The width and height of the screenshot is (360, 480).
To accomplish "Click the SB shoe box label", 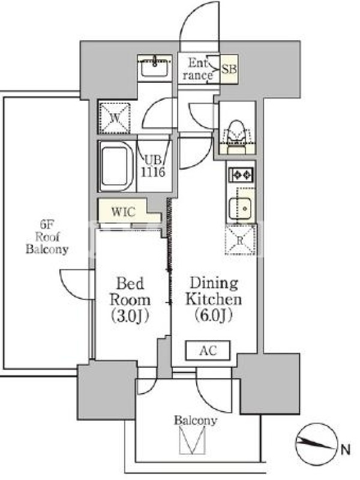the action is [x=229, y=69].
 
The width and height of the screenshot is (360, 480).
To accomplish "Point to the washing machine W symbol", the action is [x=115, y=118].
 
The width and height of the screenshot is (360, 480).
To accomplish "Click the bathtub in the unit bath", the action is [x=116, y=166].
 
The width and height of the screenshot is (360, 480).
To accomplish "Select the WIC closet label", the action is [x=124, y=212].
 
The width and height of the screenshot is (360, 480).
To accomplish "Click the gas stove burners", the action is [x=241, y=175].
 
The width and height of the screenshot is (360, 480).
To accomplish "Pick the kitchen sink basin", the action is [x=241, y=208].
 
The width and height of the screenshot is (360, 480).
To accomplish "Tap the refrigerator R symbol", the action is [x=240, y=240].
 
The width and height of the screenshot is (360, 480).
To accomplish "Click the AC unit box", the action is [x=208, y=350].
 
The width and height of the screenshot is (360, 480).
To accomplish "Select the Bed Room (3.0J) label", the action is [x=130, y=299].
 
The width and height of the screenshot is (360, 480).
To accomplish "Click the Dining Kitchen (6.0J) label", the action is [x=214, y=299].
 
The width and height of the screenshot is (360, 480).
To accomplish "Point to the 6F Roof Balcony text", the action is [x=47, y=237].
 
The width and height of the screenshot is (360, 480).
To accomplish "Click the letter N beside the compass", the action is [x=346, y=450].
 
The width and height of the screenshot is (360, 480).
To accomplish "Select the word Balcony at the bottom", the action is [x=196, y=421].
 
